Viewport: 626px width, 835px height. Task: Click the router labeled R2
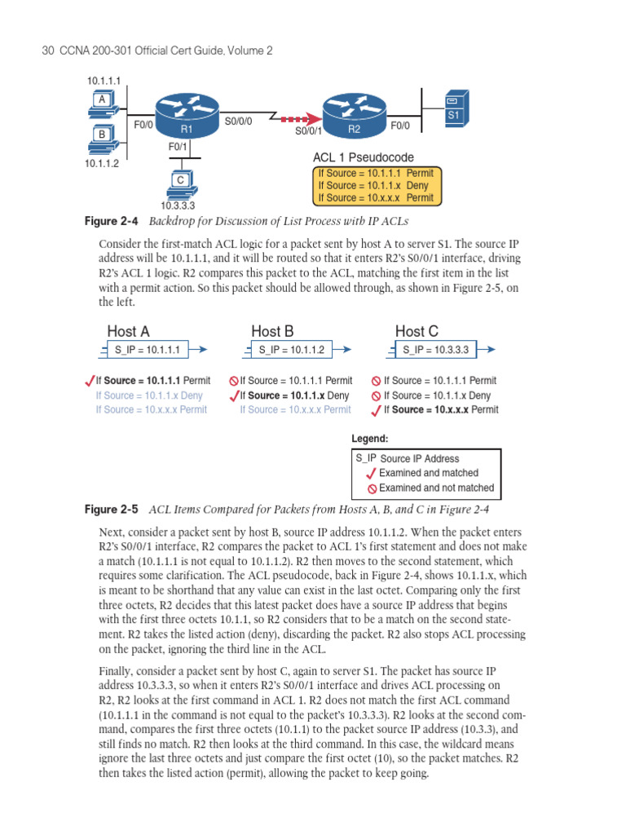(354, 115)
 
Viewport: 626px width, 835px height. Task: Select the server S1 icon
(454, 109)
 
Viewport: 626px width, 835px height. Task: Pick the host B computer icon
(103, 138)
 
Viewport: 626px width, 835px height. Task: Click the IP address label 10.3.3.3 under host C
(178, 205)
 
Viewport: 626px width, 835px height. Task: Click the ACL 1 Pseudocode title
(363, 157)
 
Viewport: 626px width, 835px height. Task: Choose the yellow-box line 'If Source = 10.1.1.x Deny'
(373, 185)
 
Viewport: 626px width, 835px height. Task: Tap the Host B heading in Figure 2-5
(272, 331)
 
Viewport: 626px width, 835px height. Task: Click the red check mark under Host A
(89, 380)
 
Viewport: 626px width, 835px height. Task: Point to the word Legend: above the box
(370, 439)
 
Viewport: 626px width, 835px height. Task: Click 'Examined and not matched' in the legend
(436, 488)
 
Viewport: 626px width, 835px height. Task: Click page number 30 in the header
(46, 51)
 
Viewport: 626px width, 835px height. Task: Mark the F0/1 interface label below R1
(178, 147)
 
